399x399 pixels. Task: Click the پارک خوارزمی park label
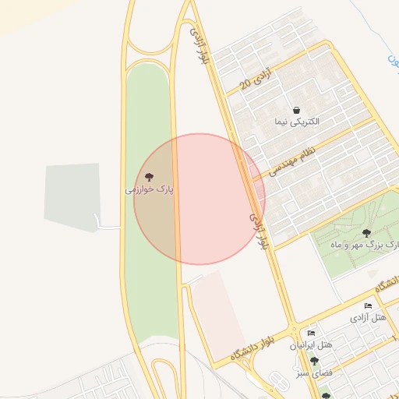[x=150, y=189]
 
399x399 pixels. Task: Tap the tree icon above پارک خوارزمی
[x=150, y=178]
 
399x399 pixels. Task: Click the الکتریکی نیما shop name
[x=297, y=122]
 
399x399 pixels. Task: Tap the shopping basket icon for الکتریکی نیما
[x=297, y=111]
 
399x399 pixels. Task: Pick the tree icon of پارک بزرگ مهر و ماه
[x=366, y=232]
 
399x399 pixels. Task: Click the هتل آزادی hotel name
[x=369, y=317]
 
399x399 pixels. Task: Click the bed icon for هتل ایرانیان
[x=312, y=334]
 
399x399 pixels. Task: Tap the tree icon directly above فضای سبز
[x=314, y=361]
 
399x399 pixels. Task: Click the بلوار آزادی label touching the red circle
[x=260, y=231]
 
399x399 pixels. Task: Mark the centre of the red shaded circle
[x=199, y=199]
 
